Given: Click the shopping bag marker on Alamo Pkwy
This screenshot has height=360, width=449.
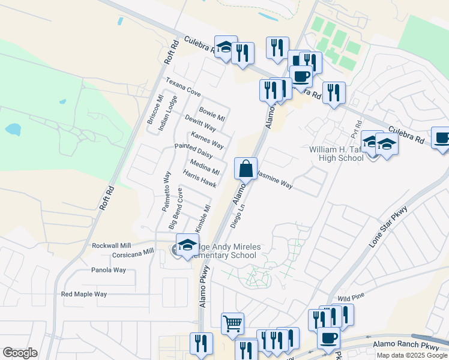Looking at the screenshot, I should click(246, 169).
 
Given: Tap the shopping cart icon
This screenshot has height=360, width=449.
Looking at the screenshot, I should click(232, 324).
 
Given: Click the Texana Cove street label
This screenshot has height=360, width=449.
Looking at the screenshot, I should click(183, 87).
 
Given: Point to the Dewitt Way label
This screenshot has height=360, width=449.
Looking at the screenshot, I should click(200, 124).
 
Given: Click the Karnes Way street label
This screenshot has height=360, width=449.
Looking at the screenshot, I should click(207, 141).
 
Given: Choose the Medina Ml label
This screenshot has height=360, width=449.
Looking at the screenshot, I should click(204, 167).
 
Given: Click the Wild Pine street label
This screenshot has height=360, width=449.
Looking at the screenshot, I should click(352, 298).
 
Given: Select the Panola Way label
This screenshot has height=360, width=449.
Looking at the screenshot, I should click(109, 270).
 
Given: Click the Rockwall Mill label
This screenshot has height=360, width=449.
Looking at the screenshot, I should click(111, 246).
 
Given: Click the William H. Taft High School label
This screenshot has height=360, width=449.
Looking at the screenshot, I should click(336, 154).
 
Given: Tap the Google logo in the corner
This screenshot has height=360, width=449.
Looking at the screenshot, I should click(20, 352).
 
